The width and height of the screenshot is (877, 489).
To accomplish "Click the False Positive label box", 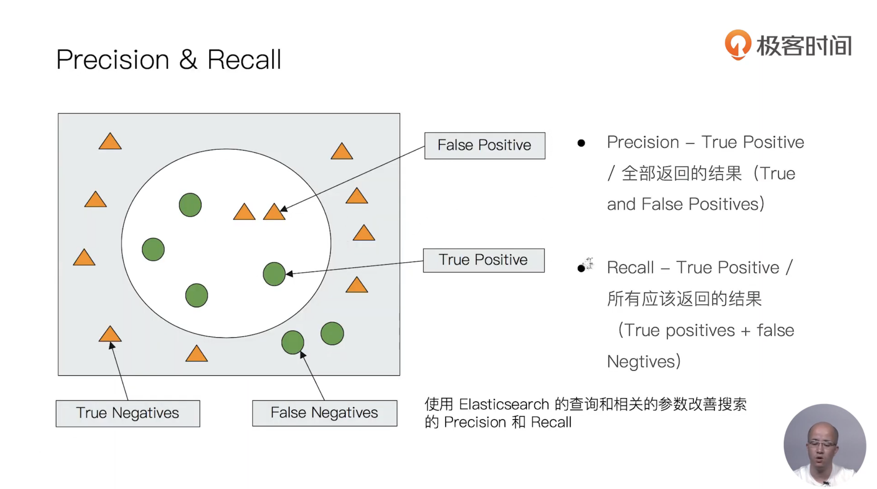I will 485,145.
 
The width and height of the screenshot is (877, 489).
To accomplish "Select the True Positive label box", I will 483,260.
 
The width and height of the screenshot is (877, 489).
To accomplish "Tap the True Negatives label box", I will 128,413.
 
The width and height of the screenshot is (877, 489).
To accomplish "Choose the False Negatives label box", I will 324,413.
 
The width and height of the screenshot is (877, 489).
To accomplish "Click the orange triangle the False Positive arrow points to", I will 274,213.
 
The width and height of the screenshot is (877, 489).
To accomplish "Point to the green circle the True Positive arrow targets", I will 274,274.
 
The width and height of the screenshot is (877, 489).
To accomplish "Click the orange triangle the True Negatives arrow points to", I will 110,335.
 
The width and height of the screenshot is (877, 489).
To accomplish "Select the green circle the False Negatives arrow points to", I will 293,342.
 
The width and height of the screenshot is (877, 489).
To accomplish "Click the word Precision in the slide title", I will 113,60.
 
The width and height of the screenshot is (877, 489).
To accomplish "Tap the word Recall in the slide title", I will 244,60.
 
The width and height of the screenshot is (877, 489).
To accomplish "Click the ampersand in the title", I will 188,60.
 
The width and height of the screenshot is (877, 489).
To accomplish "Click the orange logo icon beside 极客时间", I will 738,44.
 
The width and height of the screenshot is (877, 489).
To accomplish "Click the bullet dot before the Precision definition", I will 581,143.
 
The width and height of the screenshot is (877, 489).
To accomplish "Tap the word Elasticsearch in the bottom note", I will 504,405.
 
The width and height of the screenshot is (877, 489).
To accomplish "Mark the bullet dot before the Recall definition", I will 581,268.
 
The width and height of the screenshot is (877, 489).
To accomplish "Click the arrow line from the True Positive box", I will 356,267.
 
